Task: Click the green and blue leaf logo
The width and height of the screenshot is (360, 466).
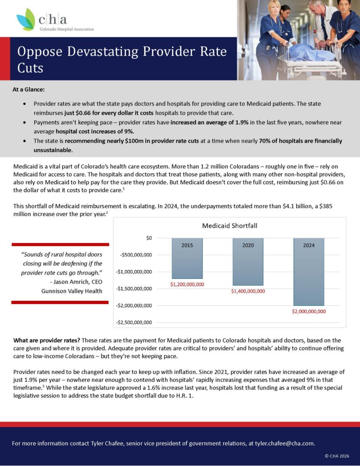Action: (x=26, y=20)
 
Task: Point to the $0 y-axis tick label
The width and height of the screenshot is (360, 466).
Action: (x=148, y=238)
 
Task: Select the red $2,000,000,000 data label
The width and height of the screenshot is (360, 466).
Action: (x=309, y=312)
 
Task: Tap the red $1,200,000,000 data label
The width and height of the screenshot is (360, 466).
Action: (x=187, y=284)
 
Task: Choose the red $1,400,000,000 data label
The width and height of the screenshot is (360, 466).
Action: (x=248, y=291)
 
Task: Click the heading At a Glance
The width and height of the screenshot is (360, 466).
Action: (x=29, y=90)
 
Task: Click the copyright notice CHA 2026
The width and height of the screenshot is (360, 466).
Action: (x=338, y=456)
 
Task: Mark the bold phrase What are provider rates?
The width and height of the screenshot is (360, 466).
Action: (x=41, y=340)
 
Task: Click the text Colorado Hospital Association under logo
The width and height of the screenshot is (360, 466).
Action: (x=66, y=29)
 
